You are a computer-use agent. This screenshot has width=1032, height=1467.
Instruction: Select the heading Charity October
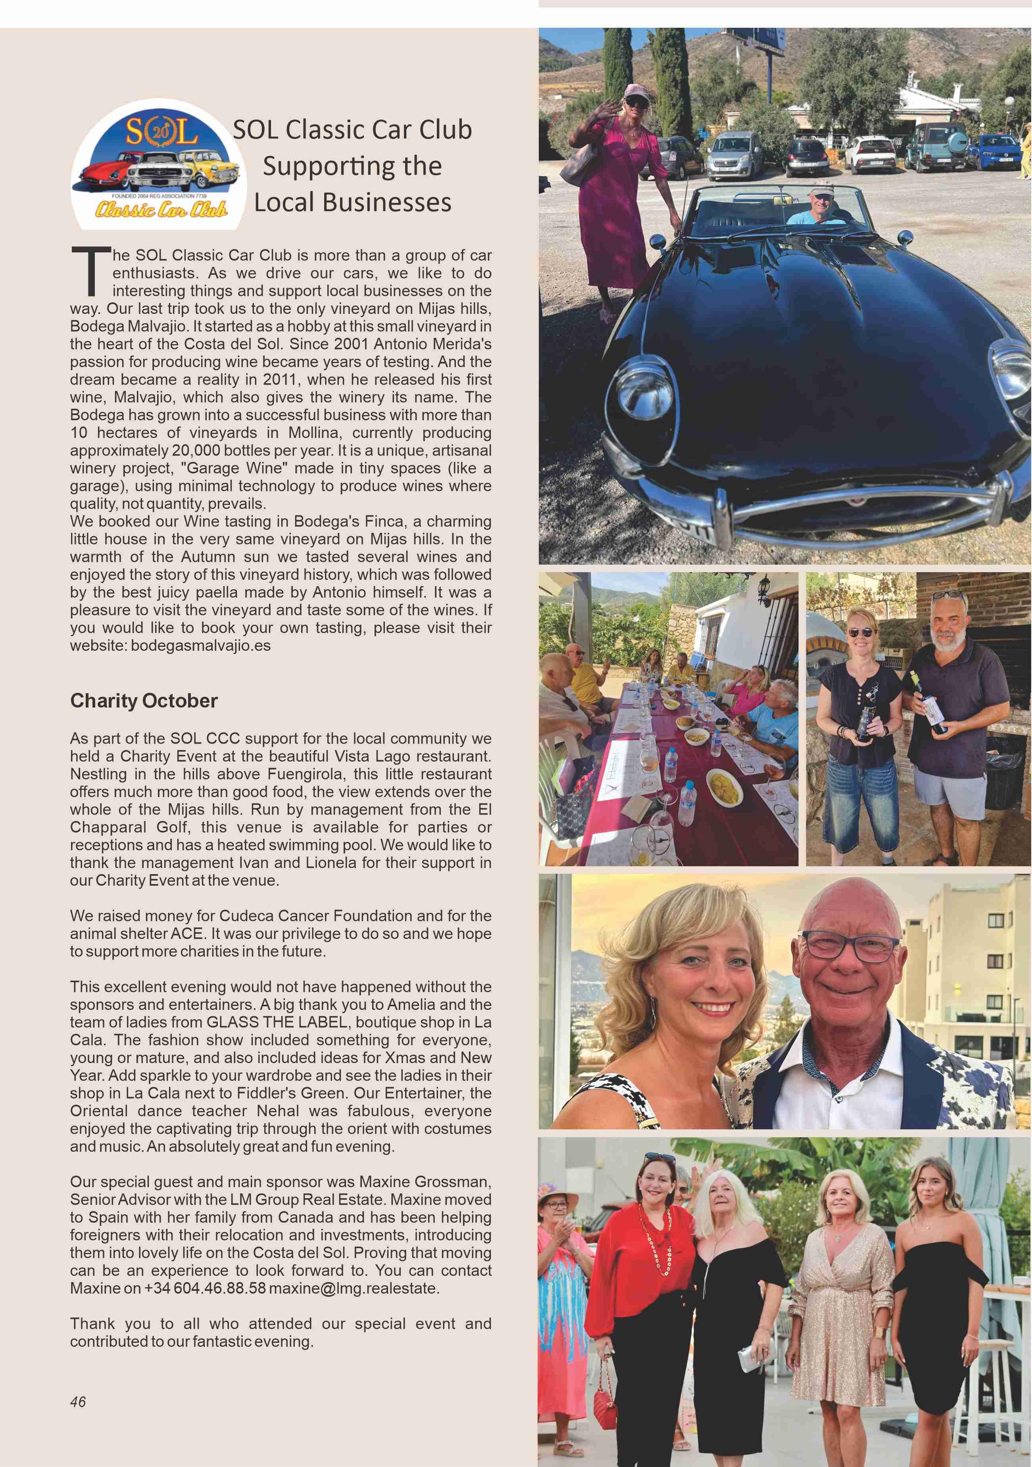pos(144,701)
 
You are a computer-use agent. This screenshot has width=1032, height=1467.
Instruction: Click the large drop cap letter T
pos(89,271)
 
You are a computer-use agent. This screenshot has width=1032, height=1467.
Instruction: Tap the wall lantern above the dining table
pos(764,589)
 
